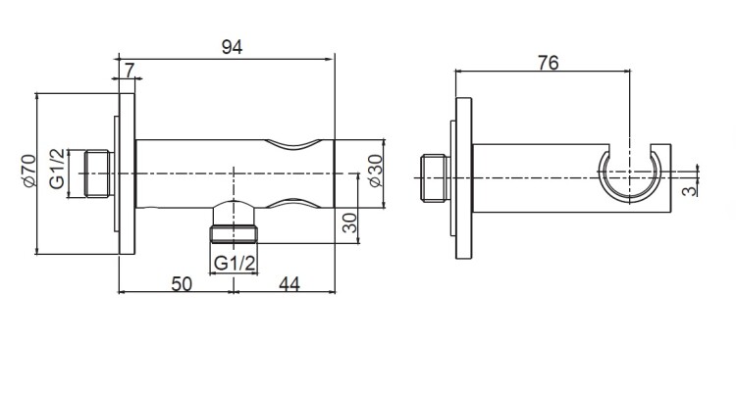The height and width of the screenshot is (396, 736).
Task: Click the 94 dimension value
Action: [x=232, y=47]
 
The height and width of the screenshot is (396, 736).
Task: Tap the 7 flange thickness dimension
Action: [x=130, y=71]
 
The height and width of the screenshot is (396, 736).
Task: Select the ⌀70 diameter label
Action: [x=29, y=171]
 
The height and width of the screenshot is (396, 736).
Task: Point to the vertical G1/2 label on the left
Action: [x=57, y=169]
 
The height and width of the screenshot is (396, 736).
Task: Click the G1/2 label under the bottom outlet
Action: [x=235, y=264]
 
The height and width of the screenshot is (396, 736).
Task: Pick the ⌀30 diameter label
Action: [x=376, y=172]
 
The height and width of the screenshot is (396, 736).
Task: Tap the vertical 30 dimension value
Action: [x=349, y=223]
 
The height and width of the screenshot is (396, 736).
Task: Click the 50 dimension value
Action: [x=182, y=284]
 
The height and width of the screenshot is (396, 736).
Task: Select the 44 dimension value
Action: [x=289, y=284]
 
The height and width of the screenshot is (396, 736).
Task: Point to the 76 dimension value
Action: [x=549, y=63]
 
